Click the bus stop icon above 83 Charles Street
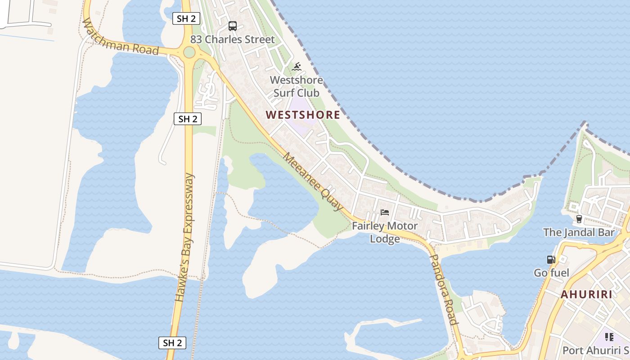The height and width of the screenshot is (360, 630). (232, 26)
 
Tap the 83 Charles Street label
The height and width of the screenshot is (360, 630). (232, 40)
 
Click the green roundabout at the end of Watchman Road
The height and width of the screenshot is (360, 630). (189, 53)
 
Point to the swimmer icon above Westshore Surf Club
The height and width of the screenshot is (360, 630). (297, 67)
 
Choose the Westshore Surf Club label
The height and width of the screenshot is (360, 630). (297, 86)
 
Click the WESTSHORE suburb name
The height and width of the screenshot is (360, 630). (303, 115)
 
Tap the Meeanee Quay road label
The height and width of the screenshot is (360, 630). (313, 181)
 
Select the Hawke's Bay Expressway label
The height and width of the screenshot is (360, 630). (184, 238)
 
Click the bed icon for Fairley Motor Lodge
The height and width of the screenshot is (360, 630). (384, 212)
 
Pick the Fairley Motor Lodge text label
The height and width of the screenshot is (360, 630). (384, 232)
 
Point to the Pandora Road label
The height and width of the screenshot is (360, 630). (444, 288)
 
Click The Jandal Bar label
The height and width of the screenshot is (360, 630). (578, 233)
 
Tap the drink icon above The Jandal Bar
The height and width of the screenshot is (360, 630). (579, 219)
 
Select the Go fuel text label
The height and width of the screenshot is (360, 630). (551, 273)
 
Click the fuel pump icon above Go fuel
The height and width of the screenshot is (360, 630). (551, 260)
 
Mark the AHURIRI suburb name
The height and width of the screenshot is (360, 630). (586, 295)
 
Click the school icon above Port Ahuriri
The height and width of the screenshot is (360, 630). (609, 337)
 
